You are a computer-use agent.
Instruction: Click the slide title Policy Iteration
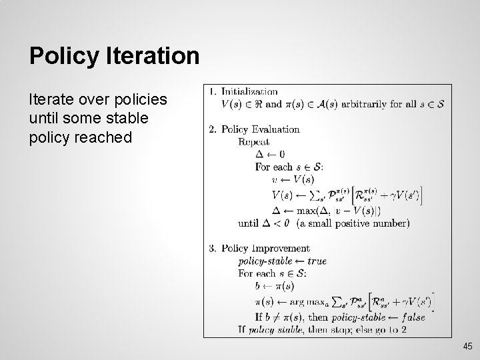pos(114,56)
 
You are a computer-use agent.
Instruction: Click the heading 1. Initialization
pos(244,91)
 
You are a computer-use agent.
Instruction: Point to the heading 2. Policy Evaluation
pos(255,129)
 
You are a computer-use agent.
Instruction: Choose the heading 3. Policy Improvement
pos(259,249)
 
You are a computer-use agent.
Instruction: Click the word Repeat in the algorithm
pos(254,142)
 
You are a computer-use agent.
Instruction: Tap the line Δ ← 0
pos(270,155)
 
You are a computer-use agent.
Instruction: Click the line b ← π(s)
pos(275,286)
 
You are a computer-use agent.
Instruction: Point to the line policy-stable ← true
pos(283,261)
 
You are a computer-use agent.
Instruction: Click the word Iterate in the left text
pos(50,100)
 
